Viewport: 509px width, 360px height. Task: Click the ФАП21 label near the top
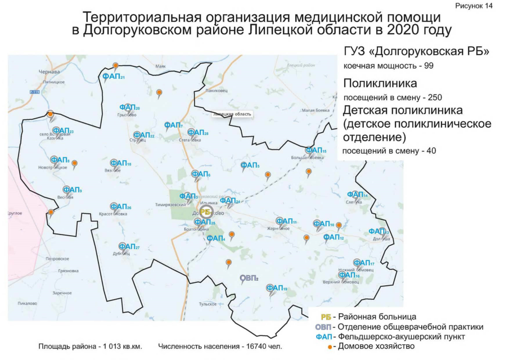coord(113,76)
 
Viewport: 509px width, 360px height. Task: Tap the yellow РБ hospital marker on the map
coord(205,211)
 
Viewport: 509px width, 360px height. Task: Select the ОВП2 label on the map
coord(249,278)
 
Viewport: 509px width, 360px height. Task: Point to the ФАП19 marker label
coord(277,289)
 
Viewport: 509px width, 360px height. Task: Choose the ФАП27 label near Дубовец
coord(129,246)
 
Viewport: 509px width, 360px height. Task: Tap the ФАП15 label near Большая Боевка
coord(316,151)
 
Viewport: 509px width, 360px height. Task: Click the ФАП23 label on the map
coord(63,131)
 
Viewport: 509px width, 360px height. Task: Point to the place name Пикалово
coord(27,303)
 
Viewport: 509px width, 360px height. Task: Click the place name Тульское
coord(208,304)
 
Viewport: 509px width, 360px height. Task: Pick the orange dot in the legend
coord(329,346)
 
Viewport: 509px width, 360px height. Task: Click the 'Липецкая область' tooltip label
coord(232,114)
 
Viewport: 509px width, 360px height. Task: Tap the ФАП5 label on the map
coord(250,165)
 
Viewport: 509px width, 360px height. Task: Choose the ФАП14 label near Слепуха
coord(357,195)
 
